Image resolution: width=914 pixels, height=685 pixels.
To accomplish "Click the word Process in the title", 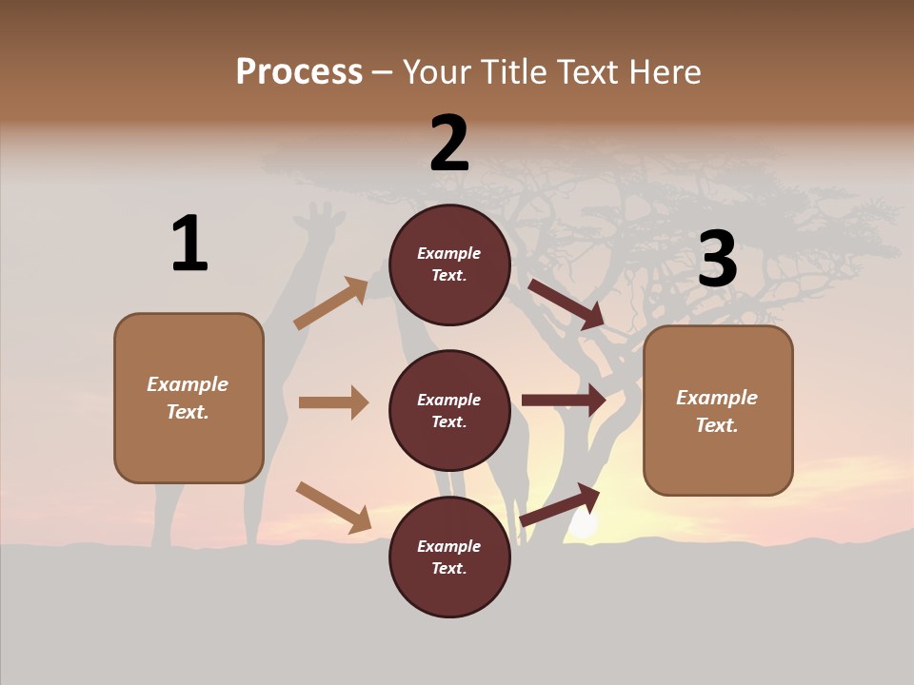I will [x=299, y=71].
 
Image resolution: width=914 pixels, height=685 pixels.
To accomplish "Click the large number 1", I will [x=189, y=244].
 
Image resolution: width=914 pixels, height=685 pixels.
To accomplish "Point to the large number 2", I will [x=449, y=144].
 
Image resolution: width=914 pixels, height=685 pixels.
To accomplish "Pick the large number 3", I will [x=717, y=259].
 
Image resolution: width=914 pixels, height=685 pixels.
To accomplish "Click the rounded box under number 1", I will [x=189, y=398].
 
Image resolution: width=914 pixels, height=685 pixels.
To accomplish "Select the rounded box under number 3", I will [x=718, y=411].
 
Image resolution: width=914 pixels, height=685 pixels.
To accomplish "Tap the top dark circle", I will [x=449, y=264].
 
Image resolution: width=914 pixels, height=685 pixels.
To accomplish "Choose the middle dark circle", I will [x=449, y=410].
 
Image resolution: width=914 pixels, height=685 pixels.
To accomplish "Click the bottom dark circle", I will [x=449, y=557].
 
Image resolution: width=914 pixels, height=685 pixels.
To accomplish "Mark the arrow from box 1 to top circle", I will [x=331, y=303].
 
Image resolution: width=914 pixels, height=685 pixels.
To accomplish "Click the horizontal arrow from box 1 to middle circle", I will [x=333, y=402].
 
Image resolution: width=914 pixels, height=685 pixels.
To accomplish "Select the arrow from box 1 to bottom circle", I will [x=333, y=507].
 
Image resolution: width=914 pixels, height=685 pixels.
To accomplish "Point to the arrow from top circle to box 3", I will [x=567, y=304].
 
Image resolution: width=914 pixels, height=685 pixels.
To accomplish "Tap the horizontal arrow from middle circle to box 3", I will [x=564, y=401].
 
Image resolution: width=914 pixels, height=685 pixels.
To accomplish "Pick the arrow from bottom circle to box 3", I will [x=561, y=505].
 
